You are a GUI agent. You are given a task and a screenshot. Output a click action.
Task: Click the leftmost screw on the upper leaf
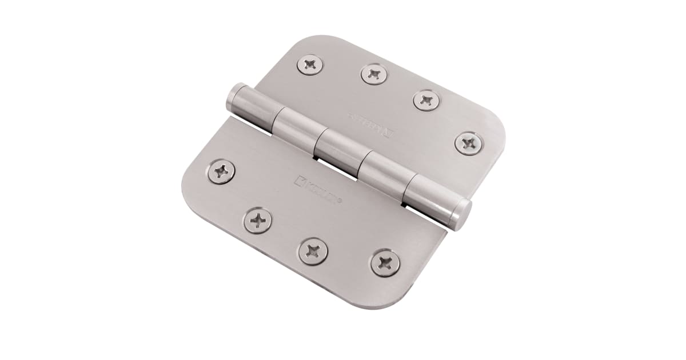(x=310, y=65)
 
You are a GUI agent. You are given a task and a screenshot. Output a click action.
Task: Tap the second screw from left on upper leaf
(x=374, y=74)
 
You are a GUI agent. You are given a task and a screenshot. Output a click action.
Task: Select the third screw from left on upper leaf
(x=426, y=101)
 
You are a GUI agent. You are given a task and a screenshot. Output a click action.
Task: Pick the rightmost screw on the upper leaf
(x=469, y=143)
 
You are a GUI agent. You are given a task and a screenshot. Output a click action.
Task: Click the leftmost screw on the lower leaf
(x=221, y=171)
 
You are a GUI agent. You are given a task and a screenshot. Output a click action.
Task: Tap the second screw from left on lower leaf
(x=258, y=221)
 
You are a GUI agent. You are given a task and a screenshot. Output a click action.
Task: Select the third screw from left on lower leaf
(x=313, y=251)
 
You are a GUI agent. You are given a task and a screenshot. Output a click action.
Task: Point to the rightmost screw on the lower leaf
(x=385, y=263)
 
